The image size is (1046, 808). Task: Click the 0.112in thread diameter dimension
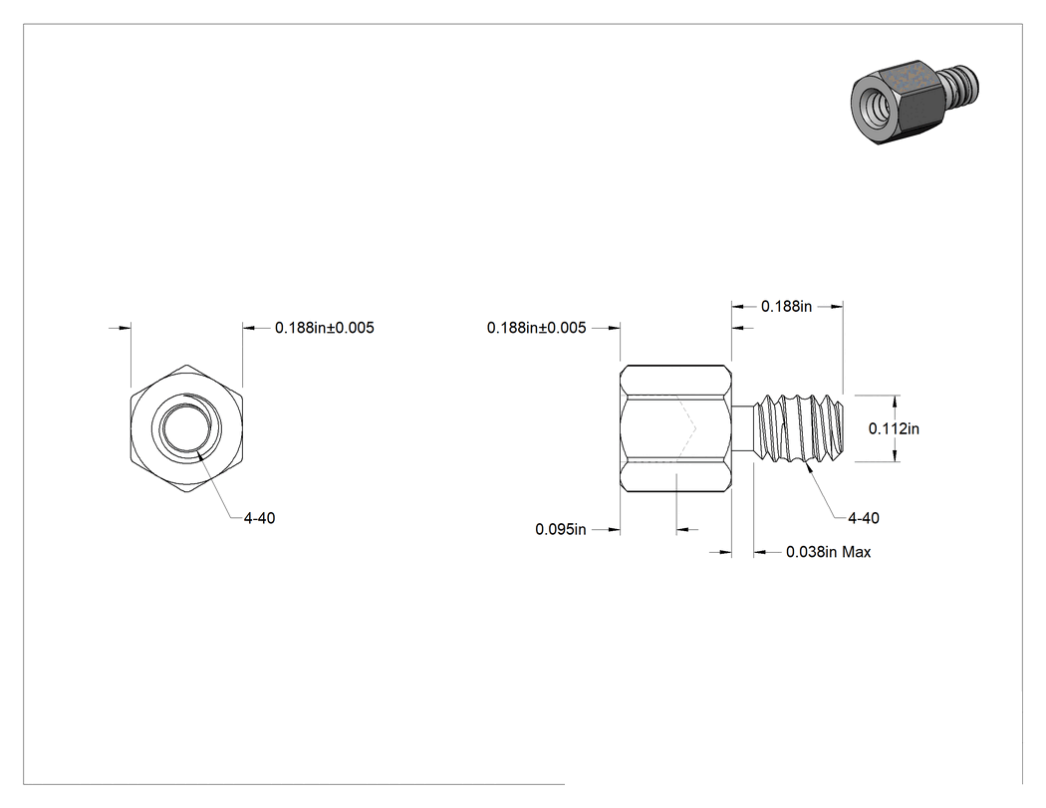[x=894, y=428]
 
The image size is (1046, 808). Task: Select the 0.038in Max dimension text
[x=828, y=552]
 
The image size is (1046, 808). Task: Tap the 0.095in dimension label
[x=560, y=529]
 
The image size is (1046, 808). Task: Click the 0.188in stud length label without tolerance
[x=787, y=306]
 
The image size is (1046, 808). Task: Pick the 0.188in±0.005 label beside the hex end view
[x=324, y=328]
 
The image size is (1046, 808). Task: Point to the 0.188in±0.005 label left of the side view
[x=536, y=328]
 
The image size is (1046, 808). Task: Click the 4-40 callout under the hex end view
[x=259, y=518]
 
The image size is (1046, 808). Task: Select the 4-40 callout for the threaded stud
[x=864, y=518]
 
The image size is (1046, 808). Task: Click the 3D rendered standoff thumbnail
[x=916, y=104]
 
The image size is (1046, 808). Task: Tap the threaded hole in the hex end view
[x=187, y=427]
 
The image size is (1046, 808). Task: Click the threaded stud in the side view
[x=799, y=427]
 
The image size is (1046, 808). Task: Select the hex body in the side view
[x=675, y=428]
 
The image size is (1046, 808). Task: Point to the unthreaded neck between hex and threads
[x=743, y=427]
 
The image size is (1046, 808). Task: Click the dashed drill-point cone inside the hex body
[x=687, y=427]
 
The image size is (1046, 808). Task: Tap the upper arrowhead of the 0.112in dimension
[x=896, y=401]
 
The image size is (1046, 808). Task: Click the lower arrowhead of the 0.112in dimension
[x=896, y=455]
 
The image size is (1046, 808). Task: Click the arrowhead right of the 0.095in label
[x=682, y=530]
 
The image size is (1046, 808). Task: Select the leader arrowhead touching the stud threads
[x=811, y=467]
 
